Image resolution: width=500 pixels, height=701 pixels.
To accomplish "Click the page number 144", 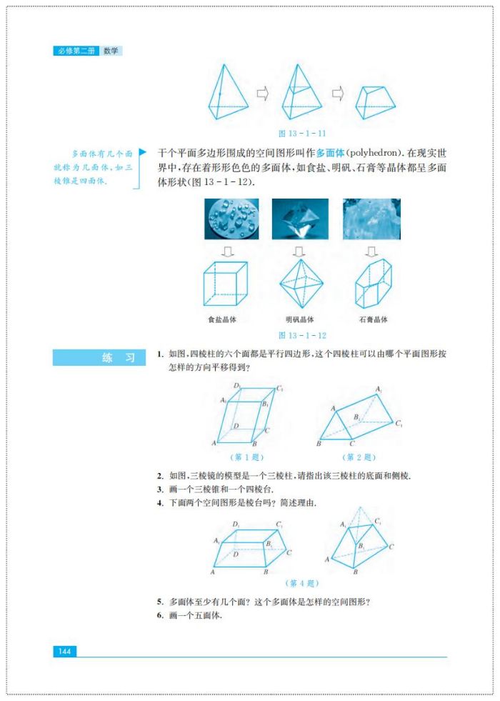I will [64, 651].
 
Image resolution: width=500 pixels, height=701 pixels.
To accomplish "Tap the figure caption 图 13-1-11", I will [302, 133].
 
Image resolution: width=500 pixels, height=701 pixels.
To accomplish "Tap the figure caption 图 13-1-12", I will [302, 335].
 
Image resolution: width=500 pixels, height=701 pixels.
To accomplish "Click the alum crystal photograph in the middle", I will [299, 219].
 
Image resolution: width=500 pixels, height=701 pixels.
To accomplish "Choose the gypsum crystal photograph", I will [371, 219].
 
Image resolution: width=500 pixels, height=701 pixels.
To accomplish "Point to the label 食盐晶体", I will [222, 319].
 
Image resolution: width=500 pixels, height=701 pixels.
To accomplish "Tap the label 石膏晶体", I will [373, 319].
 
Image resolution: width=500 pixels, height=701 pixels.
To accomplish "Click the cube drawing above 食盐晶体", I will [225, 284].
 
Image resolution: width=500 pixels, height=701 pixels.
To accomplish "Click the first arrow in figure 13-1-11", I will [262, 94].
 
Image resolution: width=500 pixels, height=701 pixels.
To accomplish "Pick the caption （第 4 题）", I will [301, 582].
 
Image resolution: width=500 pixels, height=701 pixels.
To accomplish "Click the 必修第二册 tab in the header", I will [76, 51].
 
